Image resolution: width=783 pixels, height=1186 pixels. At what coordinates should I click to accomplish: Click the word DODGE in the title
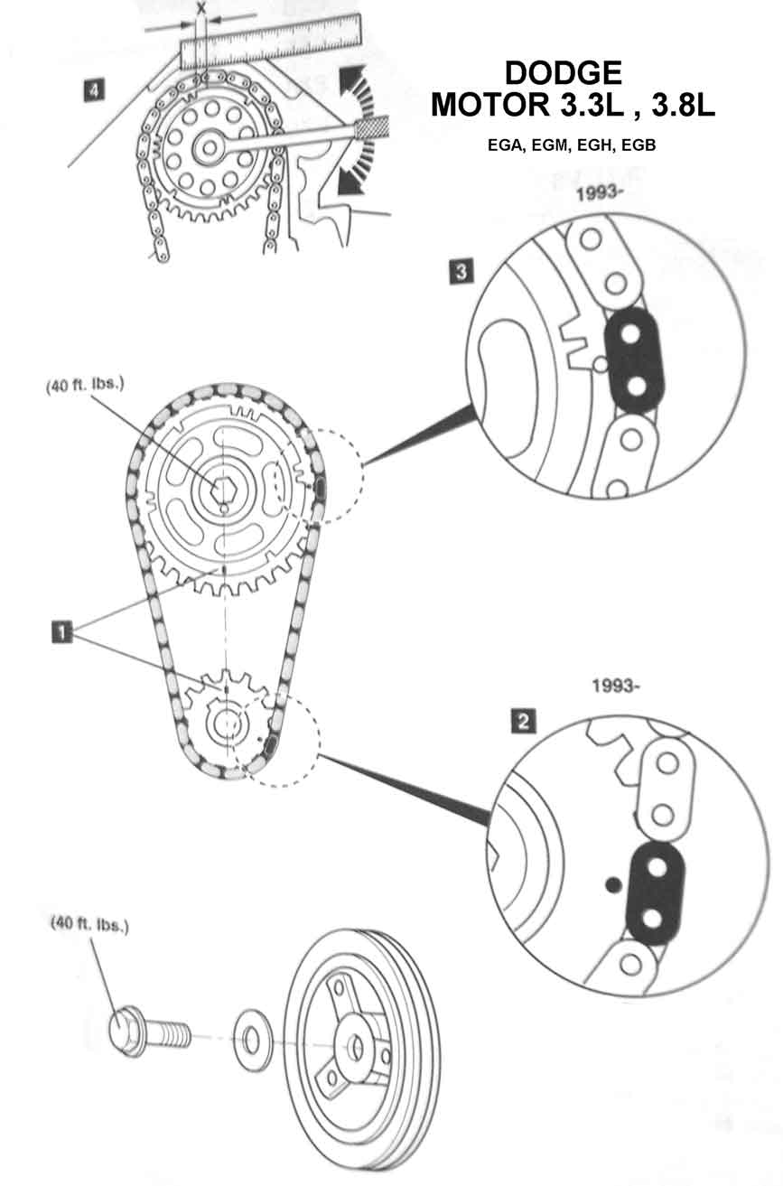[x=563, y=73]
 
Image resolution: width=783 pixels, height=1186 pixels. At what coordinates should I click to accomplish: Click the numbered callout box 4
[x=91, y=89]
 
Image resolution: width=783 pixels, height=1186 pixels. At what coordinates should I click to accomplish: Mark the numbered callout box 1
[x=61, y=630]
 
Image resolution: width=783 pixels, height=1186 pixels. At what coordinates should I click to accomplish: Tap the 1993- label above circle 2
[x=617, y=685]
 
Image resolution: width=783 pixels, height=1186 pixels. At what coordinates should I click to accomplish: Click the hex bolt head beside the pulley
[x=128, y=1032]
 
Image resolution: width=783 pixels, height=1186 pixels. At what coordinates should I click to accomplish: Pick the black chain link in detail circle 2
[x=656, y=893]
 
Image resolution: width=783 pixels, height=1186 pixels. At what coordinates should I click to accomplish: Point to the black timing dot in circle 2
[x=613, y=884]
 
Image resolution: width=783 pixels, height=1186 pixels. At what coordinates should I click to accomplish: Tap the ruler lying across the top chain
[x=271, y=40]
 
